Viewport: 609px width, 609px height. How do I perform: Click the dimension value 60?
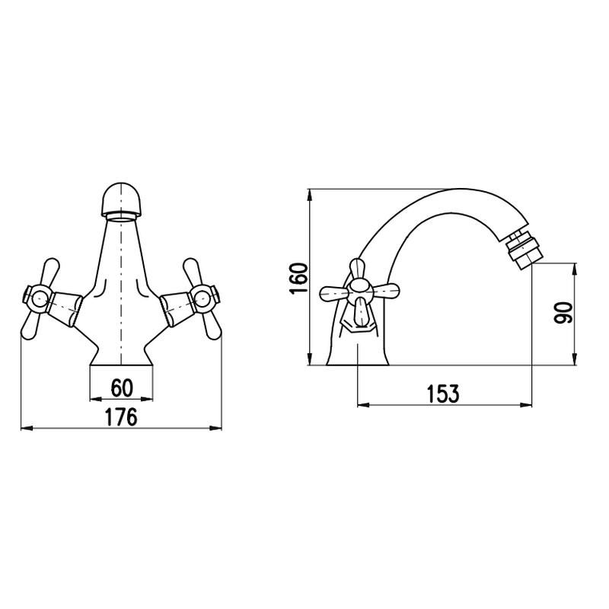click(x=122, y=388)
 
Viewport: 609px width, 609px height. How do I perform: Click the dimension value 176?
click(x=121, y=417)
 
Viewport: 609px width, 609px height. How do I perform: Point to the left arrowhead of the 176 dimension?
click(x=24, y=429)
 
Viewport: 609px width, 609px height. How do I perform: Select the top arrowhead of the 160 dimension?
click(x=310, y=193)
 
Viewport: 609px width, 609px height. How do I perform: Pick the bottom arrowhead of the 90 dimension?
click(x=573, y=361)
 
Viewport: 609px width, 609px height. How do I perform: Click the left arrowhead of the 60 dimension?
click(x=94, y=400)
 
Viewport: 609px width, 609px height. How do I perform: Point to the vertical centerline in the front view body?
click(x=121, y=289)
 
